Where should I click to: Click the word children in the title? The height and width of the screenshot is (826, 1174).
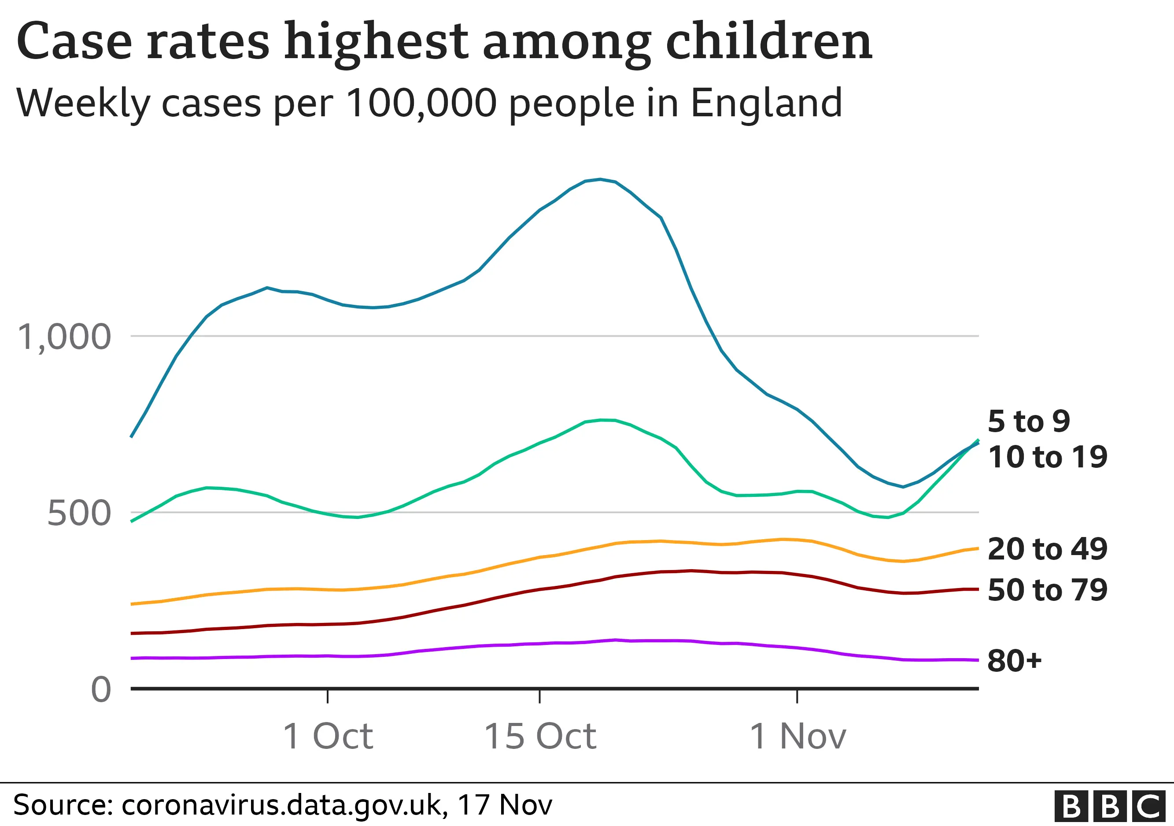(768, 42)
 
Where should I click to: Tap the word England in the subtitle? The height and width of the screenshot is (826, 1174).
(766, 104)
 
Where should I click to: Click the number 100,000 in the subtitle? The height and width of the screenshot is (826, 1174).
(421, 104)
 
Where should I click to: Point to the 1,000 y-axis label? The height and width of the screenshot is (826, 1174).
(64, 337)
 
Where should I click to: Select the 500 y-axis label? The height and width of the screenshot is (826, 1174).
(79, 514)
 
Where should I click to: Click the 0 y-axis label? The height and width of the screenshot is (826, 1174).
(101, 689)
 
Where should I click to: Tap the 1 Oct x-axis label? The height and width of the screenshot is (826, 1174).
(328, 737)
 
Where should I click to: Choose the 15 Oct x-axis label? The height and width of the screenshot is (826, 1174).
(540, 737)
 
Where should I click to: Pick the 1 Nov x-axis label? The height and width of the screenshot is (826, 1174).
(797, 737)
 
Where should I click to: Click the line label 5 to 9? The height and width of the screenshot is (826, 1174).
(1029, 422)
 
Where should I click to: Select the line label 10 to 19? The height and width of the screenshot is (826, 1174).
(1047, 457)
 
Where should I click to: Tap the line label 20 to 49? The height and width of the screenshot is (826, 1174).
(1047, 549)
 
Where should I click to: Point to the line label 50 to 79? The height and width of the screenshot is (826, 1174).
(1047, 590)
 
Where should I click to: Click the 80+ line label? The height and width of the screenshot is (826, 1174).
(1014, 660)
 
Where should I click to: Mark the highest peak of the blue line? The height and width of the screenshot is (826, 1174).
(600, 179)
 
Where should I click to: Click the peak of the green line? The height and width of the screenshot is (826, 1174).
(602, 420)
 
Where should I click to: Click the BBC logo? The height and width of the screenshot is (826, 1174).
(1110, 807)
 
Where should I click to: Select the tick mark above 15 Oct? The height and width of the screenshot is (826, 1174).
(540, 696)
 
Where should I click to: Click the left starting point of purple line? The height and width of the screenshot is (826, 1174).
(133, 658)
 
